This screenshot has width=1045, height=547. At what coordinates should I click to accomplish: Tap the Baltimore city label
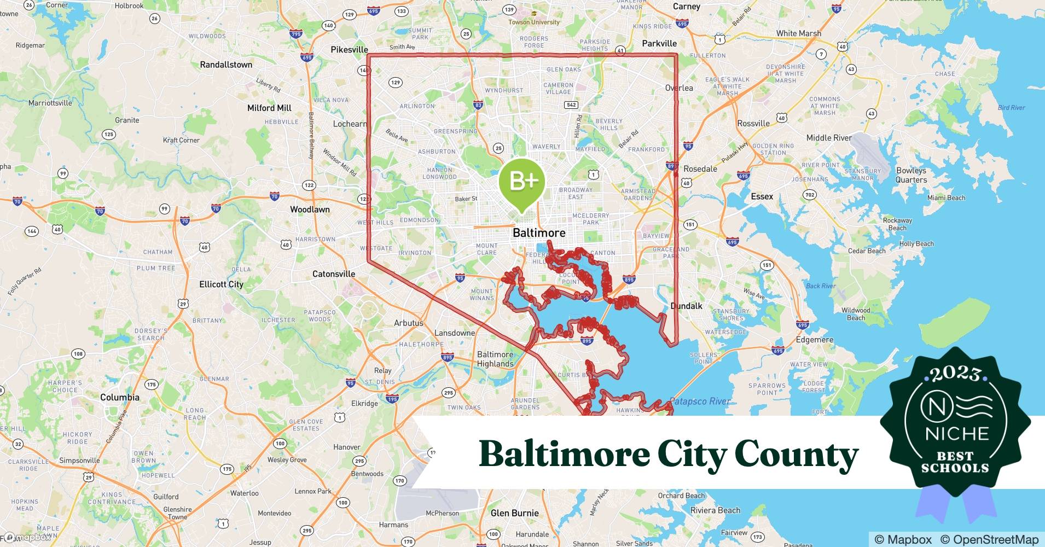click(539, 232)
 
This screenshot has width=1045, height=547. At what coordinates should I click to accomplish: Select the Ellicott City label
click(221, 284)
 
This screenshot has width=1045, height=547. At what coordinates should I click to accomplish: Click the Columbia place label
click(120, 397)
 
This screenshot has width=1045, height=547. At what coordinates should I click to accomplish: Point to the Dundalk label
click(687, 306)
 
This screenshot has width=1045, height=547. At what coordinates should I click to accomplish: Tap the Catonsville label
click(334, 273)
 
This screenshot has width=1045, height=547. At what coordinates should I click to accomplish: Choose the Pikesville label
click(349, 49)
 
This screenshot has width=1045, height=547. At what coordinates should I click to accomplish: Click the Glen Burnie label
click(514, 513)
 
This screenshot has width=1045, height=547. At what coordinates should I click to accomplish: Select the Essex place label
click(762, 196)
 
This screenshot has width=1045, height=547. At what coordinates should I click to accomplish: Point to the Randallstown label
click(226, 65)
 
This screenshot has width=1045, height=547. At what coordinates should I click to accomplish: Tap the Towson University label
click(534, 22)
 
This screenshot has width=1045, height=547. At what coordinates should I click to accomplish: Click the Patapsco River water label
click(700, 401)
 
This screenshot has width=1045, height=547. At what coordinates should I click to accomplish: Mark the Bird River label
click(1011, 108)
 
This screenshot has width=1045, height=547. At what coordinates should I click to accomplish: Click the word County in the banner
click(797, 454)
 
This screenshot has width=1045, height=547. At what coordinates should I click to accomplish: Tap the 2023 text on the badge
click(955, 374)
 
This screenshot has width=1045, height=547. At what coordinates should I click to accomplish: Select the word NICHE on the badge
click(957, 434)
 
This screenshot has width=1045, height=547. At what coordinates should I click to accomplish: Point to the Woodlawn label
click(310, 210)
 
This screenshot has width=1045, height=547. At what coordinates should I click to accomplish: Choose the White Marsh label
click(798, 33)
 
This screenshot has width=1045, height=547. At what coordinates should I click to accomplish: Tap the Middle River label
click(829, 138)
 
